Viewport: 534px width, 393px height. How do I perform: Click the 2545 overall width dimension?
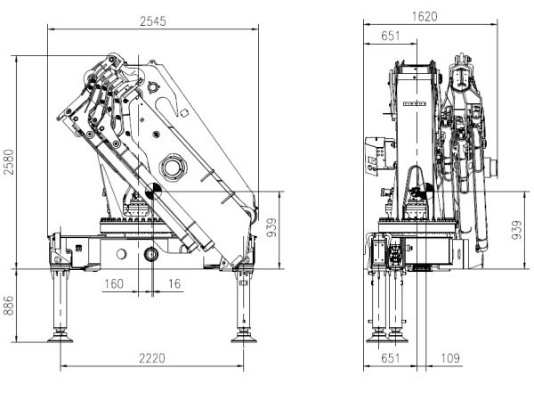(x=153, y=21)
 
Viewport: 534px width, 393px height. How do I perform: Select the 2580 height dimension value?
(x=9, y=161)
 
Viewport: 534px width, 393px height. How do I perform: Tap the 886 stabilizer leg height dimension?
(x=9, y=306)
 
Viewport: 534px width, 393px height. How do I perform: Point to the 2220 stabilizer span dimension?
(x=152, y=358)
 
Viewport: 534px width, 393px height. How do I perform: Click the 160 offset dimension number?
(x=114, y=283)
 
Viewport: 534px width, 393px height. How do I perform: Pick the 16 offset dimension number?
(x=174, y=283)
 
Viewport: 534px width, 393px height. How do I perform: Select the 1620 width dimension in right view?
(x=425, y=16)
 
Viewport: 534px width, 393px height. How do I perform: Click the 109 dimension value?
(x=450, y=358)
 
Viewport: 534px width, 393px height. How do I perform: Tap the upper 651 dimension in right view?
(x=391, y=36)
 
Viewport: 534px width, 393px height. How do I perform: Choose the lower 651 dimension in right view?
(x=391, y=358)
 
